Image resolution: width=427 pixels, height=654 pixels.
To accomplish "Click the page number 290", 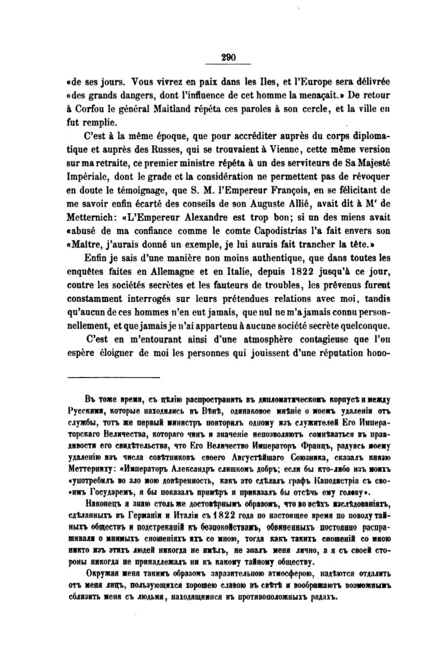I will coord(229,58).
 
